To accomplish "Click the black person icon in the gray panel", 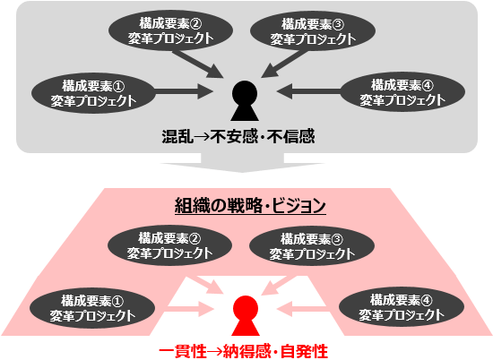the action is pos(245,101).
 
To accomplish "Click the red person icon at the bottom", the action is pos(246,316).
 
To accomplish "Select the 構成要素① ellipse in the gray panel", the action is pos(93,93).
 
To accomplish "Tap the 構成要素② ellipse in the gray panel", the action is pos(170,31).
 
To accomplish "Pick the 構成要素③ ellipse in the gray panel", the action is pos(313,31).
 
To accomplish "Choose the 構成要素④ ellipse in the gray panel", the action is pos(402,92).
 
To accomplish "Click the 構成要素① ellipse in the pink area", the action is pos(92,308).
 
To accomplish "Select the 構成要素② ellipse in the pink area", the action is pos(169,245).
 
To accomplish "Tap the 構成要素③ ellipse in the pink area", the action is pos(312,246).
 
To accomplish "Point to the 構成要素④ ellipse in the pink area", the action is pos(402,307).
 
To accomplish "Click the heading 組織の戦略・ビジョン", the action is pos(250,206).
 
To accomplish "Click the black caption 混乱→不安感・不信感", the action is pos(238,136).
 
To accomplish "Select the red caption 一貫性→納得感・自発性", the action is pos(243,351).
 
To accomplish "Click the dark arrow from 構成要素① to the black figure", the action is pos(184,91).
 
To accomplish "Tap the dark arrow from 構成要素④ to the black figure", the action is pos(308,91).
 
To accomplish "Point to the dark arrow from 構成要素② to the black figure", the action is pos(198,64).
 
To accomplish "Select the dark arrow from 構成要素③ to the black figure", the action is pos(283,64).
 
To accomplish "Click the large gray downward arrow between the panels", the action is pos(242,163).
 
